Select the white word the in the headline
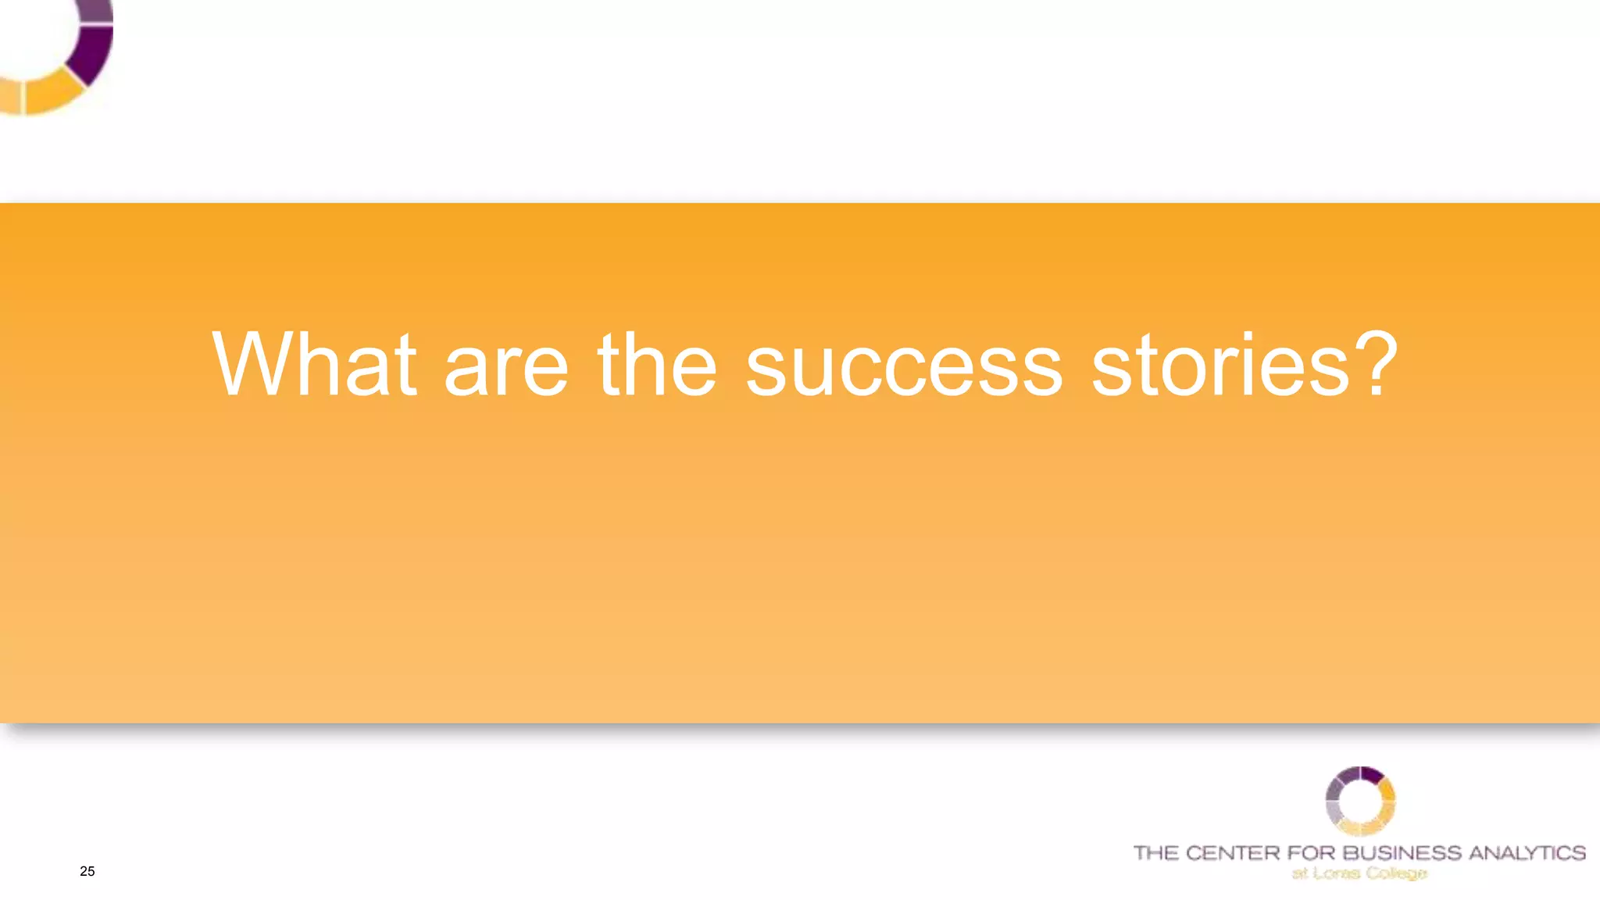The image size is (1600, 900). point(656,365)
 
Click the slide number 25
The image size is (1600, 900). point(87,871)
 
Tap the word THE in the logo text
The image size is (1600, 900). point(1155,852)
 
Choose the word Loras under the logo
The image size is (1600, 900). point(1337,873)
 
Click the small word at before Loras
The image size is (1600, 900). point(1299,873)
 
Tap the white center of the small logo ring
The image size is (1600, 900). point(1360,801)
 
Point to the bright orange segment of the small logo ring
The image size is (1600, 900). point(1387,791)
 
